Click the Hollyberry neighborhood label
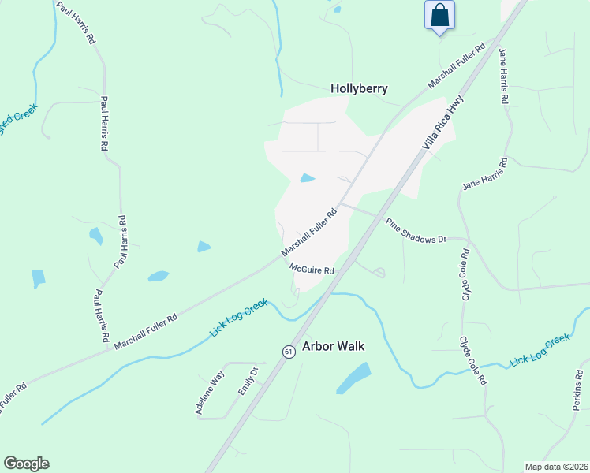[359, 88]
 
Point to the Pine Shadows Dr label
[416, 230]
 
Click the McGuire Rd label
[312, 270]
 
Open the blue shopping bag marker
[439, 15]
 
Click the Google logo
[26, 464]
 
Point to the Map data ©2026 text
[556, 467]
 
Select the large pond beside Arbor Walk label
[354, 378]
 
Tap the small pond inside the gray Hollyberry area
[308, 178]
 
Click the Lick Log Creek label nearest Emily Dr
[239, 318]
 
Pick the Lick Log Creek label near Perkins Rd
[540, 350]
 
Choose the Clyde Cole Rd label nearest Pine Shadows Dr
[465, 270]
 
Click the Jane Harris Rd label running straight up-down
[503, 76]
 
